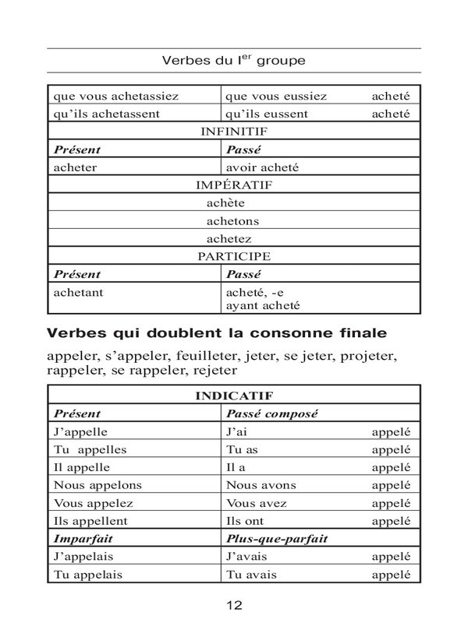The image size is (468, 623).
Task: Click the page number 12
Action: tap(235, 604)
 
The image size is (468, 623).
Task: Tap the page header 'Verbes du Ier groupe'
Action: tap(234, 60)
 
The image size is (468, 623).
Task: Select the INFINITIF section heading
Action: tap(234, 132)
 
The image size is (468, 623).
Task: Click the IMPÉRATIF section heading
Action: tap(234, 185)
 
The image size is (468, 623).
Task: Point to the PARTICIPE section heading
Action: tap(234, 256)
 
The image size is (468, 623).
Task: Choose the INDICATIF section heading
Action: tap(234, 396)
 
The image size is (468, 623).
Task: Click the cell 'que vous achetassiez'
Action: tap(116, 97)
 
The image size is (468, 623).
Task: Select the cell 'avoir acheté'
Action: tap(262, 167)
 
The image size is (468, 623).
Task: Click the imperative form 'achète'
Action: tap(226, 203)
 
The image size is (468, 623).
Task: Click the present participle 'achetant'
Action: tap(79, 292)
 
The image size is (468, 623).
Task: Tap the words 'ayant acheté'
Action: tap(262, 306)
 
